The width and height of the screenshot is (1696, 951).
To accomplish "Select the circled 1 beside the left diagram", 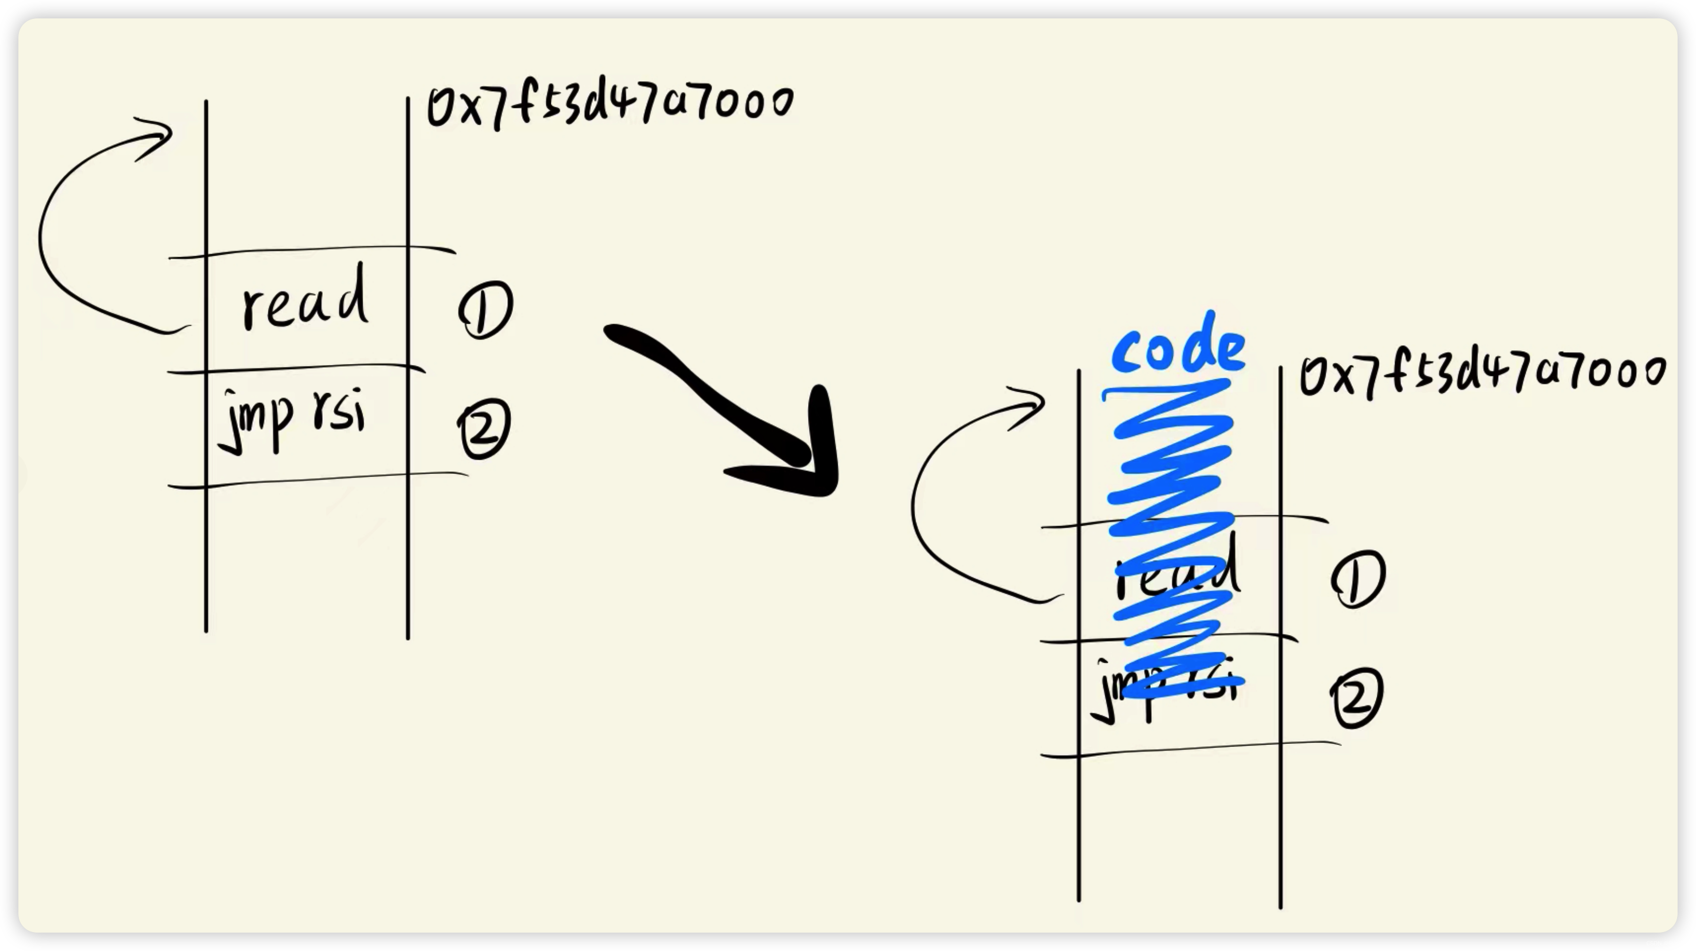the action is click(x=485, y=309).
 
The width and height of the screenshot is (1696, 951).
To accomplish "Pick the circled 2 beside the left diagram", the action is click(x=484, y=428).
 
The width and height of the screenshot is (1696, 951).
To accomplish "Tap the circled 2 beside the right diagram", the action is click(x=1357, y=697).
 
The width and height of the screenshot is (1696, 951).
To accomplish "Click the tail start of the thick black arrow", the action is click(x=612, y=332).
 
